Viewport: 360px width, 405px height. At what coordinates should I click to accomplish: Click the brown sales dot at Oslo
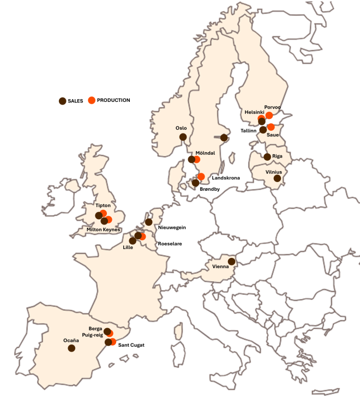[183, 137]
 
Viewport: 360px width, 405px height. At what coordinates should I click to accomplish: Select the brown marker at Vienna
[231, 262]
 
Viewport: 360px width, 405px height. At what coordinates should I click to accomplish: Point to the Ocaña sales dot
[71, 348]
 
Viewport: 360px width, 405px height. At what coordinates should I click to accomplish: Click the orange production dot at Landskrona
[201, 177]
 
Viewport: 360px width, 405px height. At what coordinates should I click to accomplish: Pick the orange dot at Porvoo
[269, 115]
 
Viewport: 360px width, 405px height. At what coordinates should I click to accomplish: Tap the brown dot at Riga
[267, 157]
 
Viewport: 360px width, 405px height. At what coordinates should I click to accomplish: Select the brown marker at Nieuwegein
[149, 222]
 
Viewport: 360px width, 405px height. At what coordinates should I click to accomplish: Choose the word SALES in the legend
[75, 101]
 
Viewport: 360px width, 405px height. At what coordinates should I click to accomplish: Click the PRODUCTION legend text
[113, 100]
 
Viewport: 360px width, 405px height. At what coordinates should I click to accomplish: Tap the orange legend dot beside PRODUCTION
[92, 100]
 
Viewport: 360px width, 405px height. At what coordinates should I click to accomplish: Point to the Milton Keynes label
[104, 229]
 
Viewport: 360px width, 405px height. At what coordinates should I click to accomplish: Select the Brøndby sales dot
[196, 183]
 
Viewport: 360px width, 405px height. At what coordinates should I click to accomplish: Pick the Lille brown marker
[133, 240]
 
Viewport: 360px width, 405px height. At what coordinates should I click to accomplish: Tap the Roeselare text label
[170, 244]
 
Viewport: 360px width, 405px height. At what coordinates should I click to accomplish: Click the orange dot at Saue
[271, 127]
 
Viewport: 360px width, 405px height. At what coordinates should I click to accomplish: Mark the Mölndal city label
[205, 153]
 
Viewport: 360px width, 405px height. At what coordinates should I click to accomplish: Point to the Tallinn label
[249, 131]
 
